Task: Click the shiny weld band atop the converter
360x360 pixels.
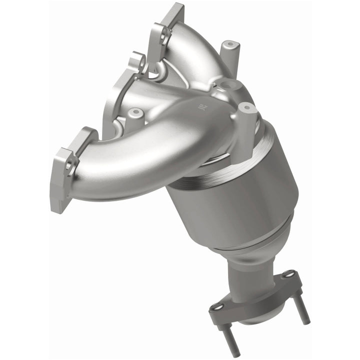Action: click(x=210, y=170)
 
